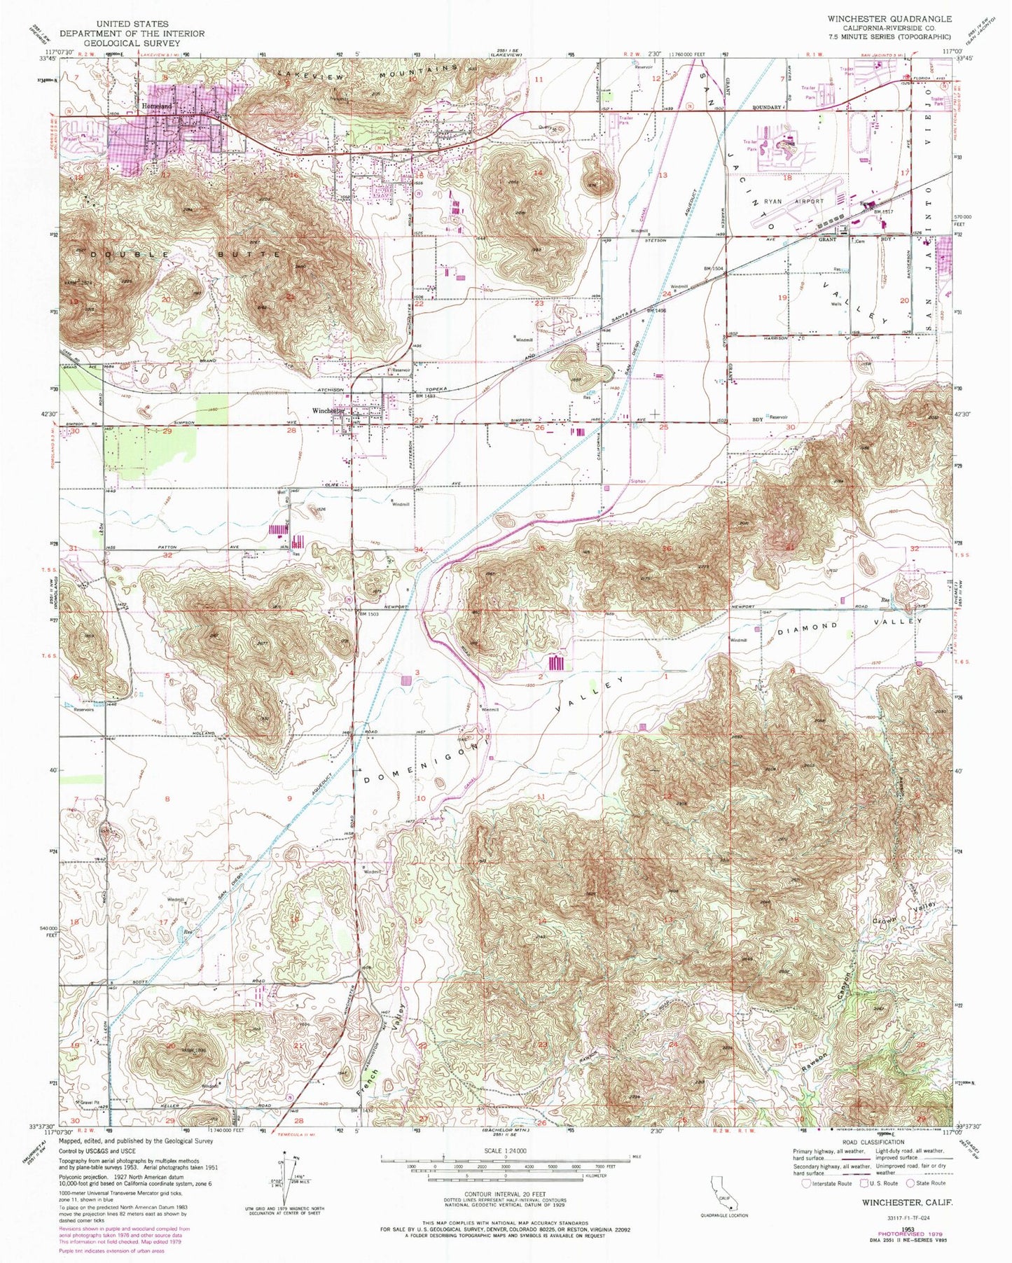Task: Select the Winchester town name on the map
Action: [x=328, y=411]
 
